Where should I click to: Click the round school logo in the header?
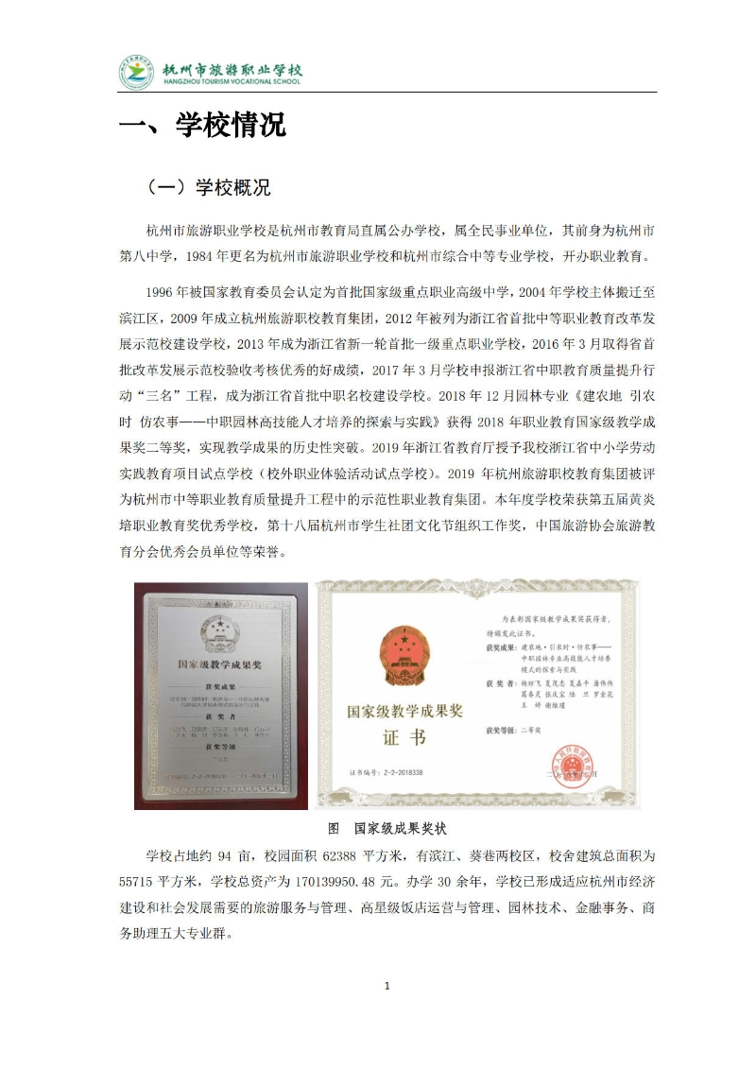[x=136, y=73]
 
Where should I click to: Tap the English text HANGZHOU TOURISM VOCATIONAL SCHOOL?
[x=232, y=82]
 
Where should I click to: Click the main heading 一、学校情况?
[x=202, y=126]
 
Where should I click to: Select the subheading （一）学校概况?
[x=210, y=188]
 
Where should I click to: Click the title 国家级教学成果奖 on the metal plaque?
[x=220, y=664]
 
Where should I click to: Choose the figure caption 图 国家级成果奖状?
[x=386, y=828]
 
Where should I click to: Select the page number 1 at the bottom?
[x=387, y=986]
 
